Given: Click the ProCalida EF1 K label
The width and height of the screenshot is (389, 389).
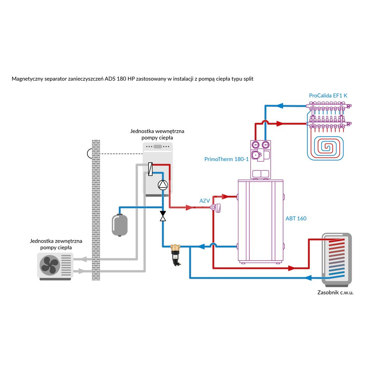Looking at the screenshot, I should pyautogui.click(x=328, y=95).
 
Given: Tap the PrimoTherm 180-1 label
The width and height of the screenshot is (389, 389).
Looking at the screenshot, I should pyautogui.click(x=226, y=159).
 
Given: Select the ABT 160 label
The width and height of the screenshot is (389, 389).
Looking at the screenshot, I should pyautogui.click(x=296, y=218).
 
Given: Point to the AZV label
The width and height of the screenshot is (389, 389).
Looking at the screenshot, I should pyautogui.click(x=205, y=201).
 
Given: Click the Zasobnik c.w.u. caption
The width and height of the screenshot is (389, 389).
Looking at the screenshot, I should pyautogui.click(x=335, y=292).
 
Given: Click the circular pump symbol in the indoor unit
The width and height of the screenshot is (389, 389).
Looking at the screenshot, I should pyautogui.click(x=162, y=185).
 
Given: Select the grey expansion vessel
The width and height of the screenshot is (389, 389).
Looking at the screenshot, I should pyautogui.click(x=119, y=224).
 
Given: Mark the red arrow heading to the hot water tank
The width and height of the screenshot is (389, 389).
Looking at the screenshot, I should pyautogui.click(x=293, y=268).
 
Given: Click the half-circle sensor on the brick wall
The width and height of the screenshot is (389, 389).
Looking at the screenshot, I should pyautogui.click(x=90, y=153).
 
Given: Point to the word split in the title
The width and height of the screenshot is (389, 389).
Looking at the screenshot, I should pyautogui.click(x=248, y=79).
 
